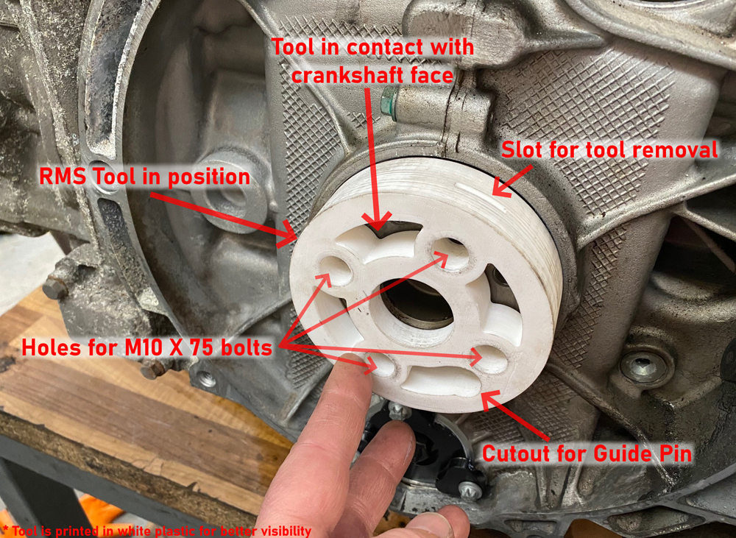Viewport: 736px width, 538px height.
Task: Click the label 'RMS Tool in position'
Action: tap(144, 177)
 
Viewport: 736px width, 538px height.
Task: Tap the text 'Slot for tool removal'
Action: tap(609, 149)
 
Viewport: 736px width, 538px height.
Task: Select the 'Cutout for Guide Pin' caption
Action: tap(587, 453)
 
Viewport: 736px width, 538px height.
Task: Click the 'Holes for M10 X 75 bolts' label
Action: tap(147, 348)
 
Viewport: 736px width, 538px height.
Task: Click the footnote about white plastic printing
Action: tap(157, 531)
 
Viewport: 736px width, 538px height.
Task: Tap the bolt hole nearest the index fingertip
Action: tap(383, 365)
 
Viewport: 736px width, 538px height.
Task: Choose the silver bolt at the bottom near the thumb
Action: tap(470, 491)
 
